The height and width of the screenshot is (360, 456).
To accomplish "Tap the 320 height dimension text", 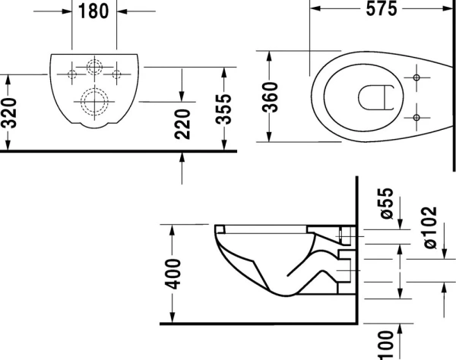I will (x=9, y=112).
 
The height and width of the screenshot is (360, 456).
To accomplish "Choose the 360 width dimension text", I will (x=271, y=96).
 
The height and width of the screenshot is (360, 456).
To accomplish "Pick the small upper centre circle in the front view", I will (x=95, y=67).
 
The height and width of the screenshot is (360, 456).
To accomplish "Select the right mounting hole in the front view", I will (x=117, y=74).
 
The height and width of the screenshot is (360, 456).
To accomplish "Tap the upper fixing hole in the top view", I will (x=417, y=77).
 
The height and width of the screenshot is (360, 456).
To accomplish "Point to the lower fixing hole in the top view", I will (x=417, y=116).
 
